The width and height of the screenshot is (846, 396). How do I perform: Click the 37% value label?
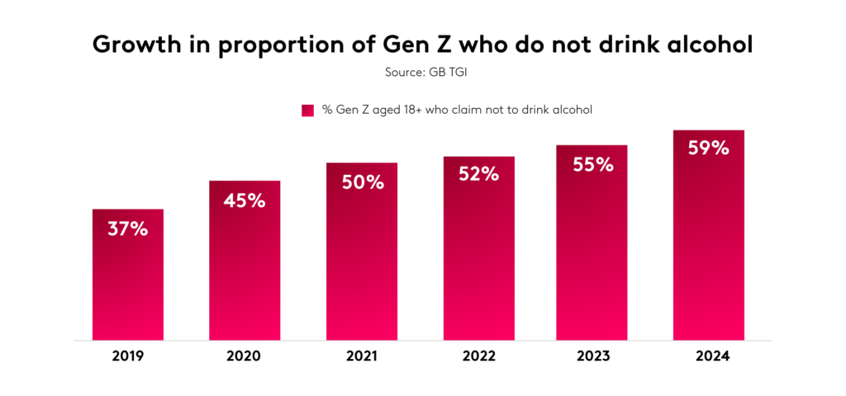click(x=127, y=229)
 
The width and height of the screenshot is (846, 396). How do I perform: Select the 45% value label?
click(x=245, y=200)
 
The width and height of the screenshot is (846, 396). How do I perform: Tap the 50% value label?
click(x=362, y=182)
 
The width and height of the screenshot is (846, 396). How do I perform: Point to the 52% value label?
click(x=478, y=175)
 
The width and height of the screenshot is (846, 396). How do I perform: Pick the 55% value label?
click(x=592, y=164)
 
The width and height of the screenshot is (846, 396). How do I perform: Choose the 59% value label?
click(x=709, y=148)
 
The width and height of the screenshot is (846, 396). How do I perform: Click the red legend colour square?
click(x=307, y=110)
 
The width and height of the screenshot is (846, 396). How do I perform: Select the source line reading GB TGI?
click(x=422, y=73)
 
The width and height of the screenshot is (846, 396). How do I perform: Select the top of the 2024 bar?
click(x=709, y=131)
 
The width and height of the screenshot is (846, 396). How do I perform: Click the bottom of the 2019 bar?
click(x=127, y=338)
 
